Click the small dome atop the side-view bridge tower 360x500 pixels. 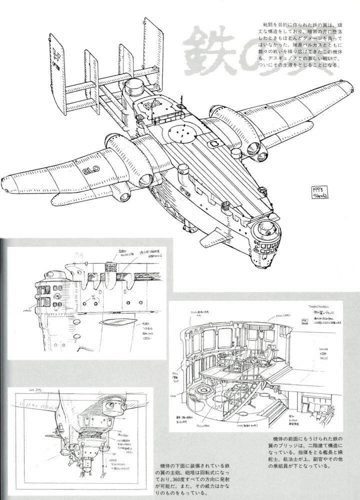(51, 274)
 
